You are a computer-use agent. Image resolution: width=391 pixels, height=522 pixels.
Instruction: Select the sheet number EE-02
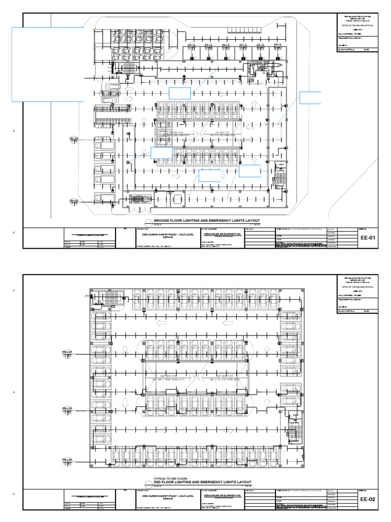tap(368, 500)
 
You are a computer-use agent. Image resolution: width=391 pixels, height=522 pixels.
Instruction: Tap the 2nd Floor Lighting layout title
tap(202, 482)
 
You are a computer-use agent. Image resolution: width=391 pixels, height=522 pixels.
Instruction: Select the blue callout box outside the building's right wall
tap(311, 98)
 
